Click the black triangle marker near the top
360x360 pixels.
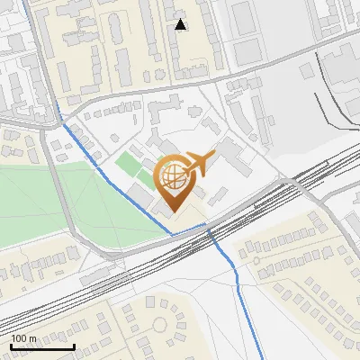pos(181,24)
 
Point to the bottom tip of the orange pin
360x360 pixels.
pos(174,211)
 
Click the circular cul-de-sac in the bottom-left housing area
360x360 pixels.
pos(161,324)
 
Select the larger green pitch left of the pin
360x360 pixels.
pos(129,166)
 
